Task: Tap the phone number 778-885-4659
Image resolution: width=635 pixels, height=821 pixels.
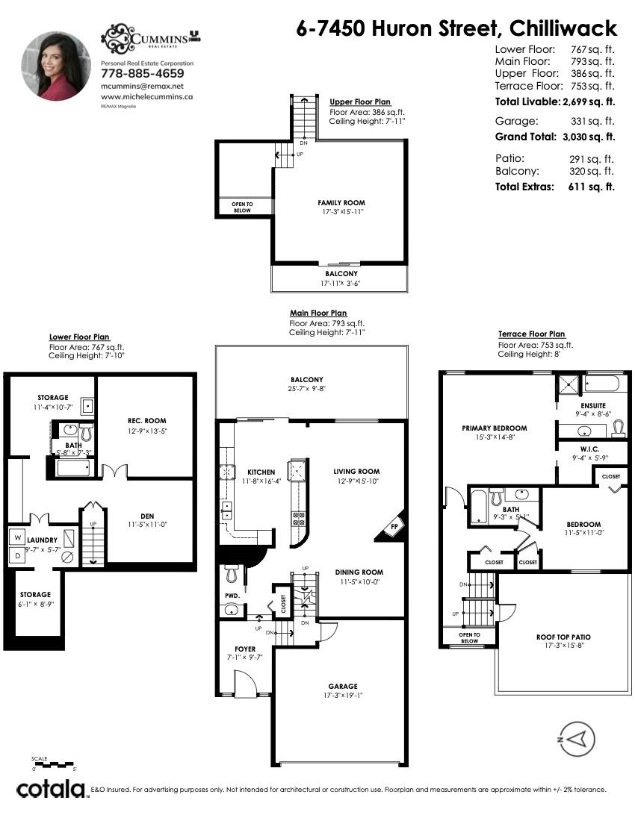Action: point(142,74)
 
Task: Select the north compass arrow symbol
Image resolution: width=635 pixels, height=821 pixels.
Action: point(576,740)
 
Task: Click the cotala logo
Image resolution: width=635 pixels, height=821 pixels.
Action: point(50,789)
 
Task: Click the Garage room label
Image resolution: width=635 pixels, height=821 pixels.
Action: point(342,686)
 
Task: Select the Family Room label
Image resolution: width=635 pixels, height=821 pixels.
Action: point(341,202)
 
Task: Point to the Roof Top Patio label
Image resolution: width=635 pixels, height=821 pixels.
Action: point(563,637)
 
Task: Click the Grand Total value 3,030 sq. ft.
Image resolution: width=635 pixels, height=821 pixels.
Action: point(589,137)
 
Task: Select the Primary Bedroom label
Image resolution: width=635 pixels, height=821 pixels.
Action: point(494,428)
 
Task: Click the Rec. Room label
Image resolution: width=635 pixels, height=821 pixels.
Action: point(146,420)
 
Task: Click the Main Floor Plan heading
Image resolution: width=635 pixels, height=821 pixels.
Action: point(318,313)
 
